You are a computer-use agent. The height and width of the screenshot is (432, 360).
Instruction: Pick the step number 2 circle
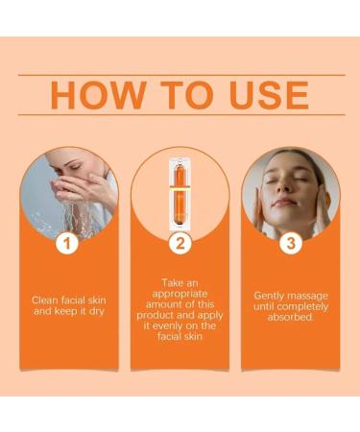point(180,244)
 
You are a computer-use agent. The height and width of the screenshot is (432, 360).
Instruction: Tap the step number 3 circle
point(291,244)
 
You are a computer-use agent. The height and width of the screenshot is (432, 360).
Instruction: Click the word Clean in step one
point(44,300)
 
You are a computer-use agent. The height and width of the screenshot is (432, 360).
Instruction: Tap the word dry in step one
point(102,312)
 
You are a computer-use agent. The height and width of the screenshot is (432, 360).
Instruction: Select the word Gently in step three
point(271,296)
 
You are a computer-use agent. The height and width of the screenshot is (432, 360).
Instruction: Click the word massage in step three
point(309,296)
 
